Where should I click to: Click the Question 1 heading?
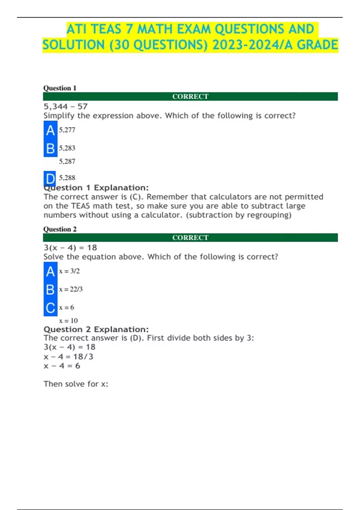60,88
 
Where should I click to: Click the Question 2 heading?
60,229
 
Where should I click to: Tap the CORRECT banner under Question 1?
190,96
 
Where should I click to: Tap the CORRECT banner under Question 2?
190,237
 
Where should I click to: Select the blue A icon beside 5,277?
50,130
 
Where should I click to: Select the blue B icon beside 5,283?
50,148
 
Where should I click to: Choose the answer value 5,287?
67,161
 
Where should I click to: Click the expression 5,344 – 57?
65,106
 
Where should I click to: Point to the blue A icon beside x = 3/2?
50,271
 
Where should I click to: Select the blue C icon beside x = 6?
50,308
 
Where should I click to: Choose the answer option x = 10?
68,320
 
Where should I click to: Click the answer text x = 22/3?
70,289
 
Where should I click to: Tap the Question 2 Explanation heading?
96,329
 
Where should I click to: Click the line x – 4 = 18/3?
68,356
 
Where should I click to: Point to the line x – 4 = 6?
61,366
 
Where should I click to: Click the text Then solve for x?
76,384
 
